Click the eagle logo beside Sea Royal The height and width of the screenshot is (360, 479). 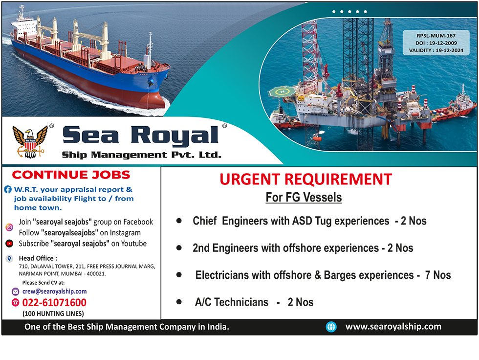point(30,142)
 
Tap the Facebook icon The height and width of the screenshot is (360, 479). point(8,189)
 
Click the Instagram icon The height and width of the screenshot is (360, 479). point(9,227)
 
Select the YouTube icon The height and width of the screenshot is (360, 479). point(9,244)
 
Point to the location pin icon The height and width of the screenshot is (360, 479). point(9,259)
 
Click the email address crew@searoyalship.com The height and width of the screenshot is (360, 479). point(54,291)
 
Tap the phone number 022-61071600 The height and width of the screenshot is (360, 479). point(54,303)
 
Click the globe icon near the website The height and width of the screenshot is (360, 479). point(331,327)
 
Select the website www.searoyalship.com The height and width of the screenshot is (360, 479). point(393,326)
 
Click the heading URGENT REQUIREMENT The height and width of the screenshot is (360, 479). point(306,179)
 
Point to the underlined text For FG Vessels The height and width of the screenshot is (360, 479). point(304,198)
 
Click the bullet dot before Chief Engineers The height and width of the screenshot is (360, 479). point(179,221)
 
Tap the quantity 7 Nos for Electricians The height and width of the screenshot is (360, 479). point(438,275)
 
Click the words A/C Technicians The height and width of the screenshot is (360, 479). point(232,302)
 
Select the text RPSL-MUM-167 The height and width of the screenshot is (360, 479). point(436,36)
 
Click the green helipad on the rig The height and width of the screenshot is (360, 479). point(283,91)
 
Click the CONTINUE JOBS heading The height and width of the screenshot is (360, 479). point(71,175)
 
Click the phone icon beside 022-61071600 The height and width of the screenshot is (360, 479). point(15,303)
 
